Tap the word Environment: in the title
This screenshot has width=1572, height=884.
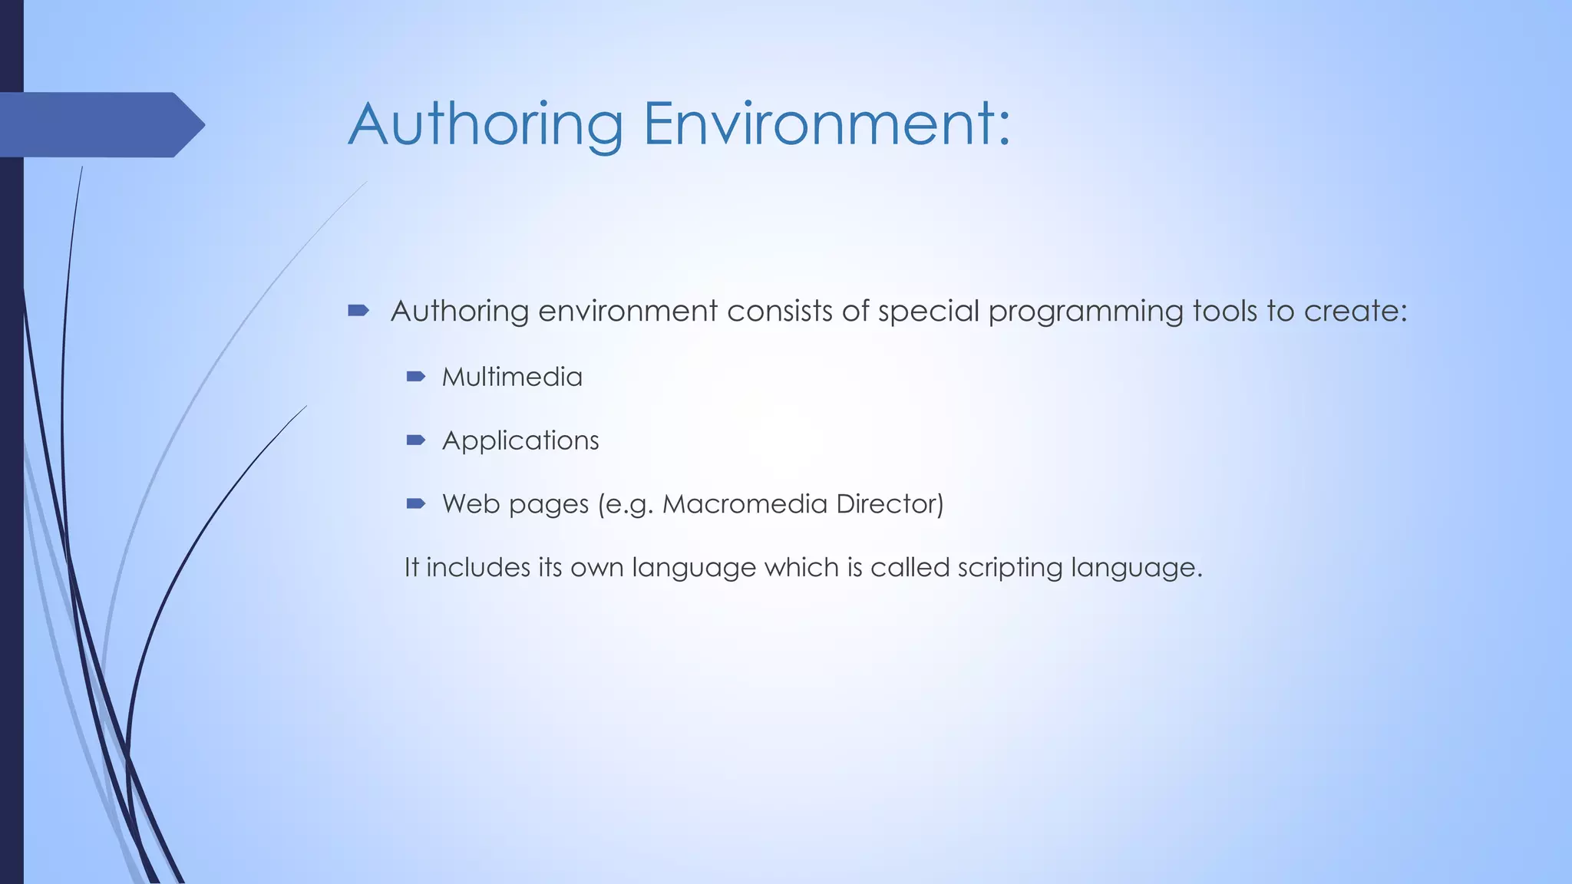(827, 124)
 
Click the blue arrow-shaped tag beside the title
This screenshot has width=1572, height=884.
(100, 124)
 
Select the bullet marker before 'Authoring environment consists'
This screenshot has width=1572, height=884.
(358, 311)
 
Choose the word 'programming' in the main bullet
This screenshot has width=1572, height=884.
(1085, 311)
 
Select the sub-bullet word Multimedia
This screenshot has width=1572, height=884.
(512, 377)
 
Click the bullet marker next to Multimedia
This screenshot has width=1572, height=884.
(416, 377)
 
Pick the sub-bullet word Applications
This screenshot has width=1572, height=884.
(520, 440)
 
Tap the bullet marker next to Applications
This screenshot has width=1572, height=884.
(416, 440)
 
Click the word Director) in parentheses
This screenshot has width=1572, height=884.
(890, 504)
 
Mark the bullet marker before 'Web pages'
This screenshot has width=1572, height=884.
(416, 504)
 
